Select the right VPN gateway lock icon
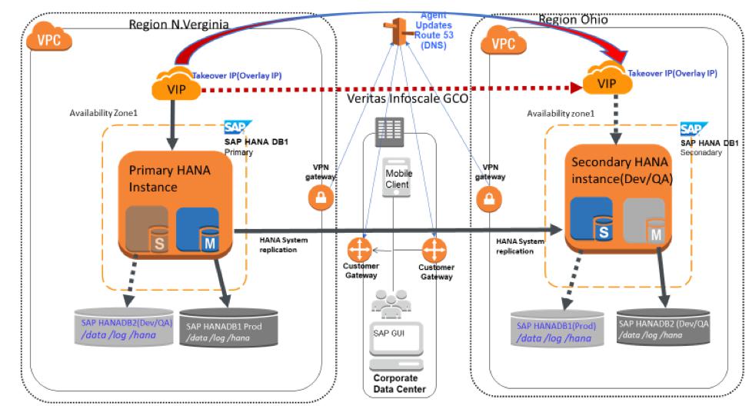[x=485, y=199]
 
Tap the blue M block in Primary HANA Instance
[x=198, y=228]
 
